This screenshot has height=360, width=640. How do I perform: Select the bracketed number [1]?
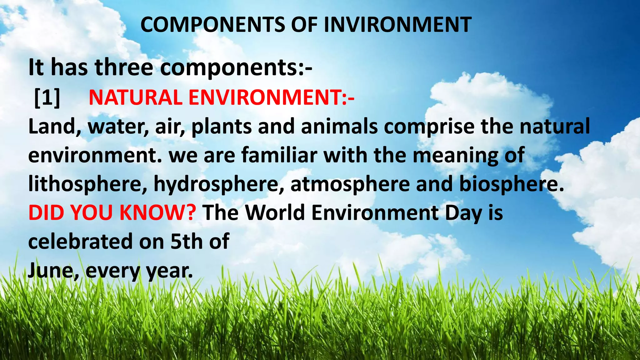[x=47, y=97]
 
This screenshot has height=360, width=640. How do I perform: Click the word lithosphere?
[x=88, y=184]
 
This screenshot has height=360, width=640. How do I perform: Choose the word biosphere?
[x=512, y=184]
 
